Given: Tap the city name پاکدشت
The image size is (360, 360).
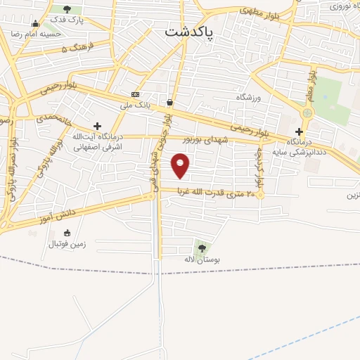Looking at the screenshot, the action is click(190, 32).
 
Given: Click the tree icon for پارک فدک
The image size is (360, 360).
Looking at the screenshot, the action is click(67, 9).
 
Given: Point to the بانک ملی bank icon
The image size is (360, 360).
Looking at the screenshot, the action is click(135, 94).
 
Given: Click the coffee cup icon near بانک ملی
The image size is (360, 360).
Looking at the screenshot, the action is click(169, 102).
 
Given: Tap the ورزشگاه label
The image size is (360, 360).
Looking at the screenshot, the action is click(249, 98).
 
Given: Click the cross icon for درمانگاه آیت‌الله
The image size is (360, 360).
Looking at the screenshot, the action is click(97, 125).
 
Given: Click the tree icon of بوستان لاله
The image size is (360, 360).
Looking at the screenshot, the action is click(202, 247).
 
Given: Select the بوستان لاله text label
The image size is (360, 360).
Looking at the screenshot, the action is click(202, 260).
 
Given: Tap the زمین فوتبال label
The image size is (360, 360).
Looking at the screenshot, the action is click(67, 244).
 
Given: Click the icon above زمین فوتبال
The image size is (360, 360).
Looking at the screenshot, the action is click(67, 233).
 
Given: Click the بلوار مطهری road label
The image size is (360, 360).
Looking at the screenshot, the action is click(259, 12).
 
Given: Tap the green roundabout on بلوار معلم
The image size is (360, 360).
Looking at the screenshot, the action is click(307, 112).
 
